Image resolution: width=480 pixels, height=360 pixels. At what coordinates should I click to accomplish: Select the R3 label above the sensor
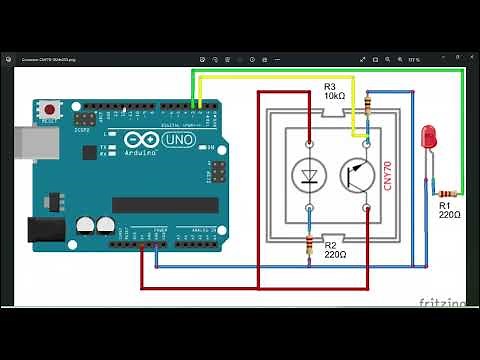(331, 86)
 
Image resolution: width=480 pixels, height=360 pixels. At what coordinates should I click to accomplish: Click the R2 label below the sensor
(331, 243)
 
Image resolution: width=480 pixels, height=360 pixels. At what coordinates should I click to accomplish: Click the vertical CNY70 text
(388, 177)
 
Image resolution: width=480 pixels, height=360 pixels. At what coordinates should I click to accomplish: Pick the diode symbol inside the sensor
(308, 176)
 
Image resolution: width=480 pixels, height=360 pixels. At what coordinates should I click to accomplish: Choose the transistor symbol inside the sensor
(354, 176)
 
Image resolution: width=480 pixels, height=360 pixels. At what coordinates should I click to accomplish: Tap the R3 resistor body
(370, 104)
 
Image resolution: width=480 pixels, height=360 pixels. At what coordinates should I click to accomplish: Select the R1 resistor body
(447, 193)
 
